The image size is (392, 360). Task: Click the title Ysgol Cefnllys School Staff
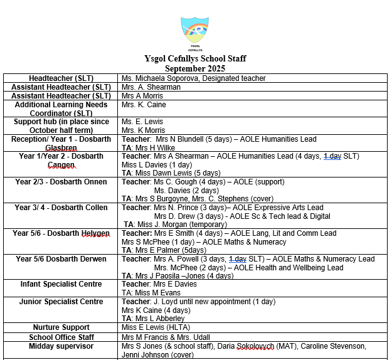click(x=196, y=59)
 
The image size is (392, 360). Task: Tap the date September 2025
click(x=195, y=68)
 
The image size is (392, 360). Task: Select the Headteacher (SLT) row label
click(x=61, y=78)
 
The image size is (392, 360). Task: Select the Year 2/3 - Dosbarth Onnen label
click(x=61, y=182)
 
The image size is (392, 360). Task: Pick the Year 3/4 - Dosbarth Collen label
click(x=61, y=208)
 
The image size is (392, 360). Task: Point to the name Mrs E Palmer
click(x=159, y=250)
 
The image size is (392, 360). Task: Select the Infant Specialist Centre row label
click(x=61, y=284)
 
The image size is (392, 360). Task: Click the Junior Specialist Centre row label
click(x=61, y=302)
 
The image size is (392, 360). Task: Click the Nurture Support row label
click(x=61, y=327)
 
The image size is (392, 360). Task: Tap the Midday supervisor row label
click(x=61, y=346)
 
